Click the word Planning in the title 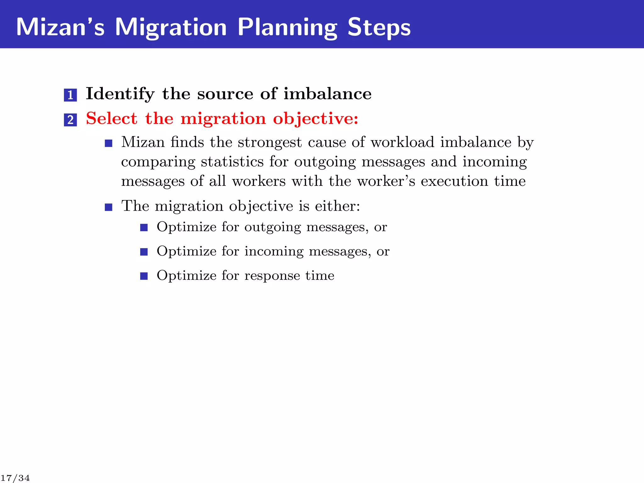click(x=287, y=28)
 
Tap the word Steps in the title click(x=379, y=28)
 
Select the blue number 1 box click(x=70, y=95)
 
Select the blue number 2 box click(x=70, y=120)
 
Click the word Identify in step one click(x=120, y=94)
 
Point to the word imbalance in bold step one click(x=327, y=94)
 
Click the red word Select click(x=112, y=119)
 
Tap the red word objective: click(x=315, y=119)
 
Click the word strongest click(x=269, y=142)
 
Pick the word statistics click(x=232, y=162)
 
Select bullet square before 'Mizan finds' click(x=108, y=144)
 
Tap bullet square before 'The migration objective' click(x=108, y=207)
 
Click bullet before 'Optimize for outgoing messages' click(x=144, y=227)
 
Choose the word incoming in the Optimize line click(x=274, y=251)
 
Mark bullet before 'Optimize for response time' click(x=144, y=276)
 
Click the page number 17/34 click(x=15, y=478)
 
